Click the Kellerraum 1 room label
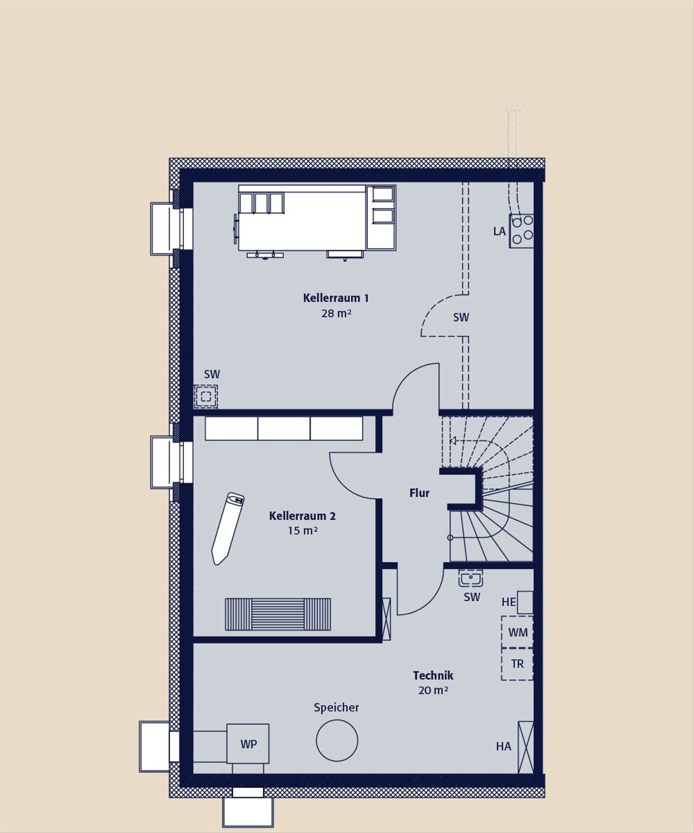(x=336, y=297)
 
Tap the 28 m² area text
(x=336, y=313)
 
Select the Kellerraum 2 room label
(x=302, y=515)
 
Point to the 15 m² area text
(x=302, y=530)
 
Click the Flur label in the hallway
(x=419, y=493)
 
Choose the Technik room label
(x=433, y=676)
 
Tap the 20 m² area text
(x=433, y=690)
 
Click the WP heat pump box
(x=248, y=744)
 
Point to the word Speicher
(x=336, y=707)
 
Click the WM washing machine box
(x=517, y=632)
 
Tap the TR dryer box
(x=517, y=664)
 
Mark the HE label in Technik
(x=508, y=602)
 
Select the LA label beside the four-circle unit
(x=499, y=231)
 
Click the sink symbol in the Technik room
(x=471, y=578)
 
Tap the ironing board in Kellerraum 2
(x=228, y=529)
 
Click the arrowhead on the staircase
(x=453, y=441)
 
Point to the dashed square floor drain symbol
(x=206, y=397)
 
